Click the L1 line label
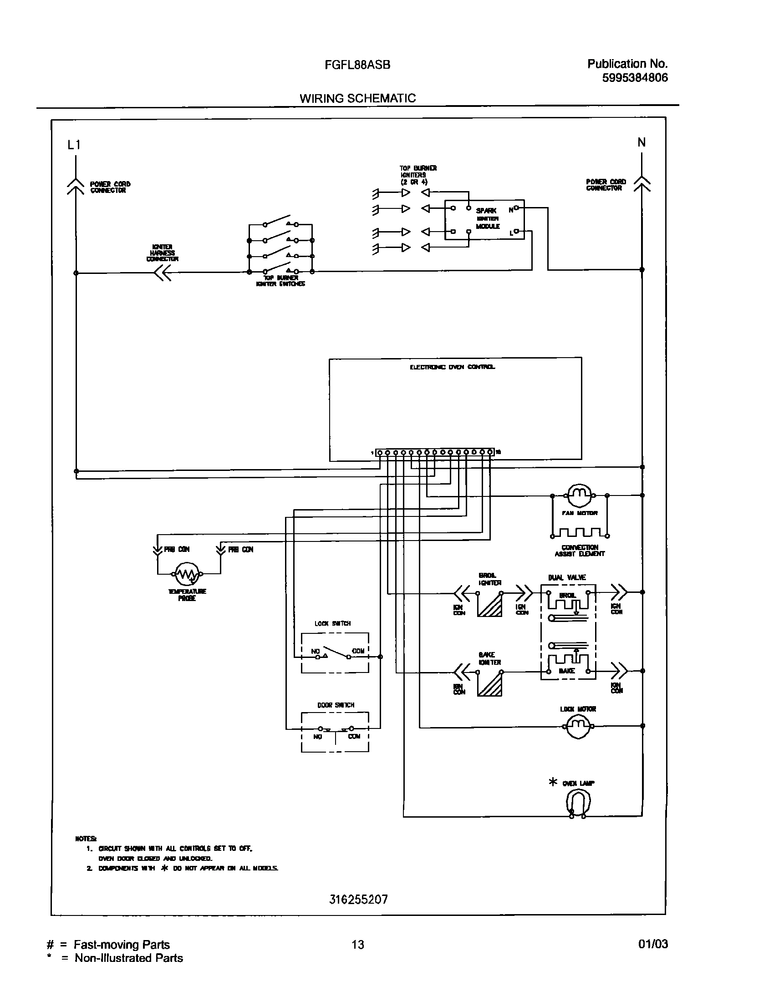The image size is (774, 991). pos(74,145)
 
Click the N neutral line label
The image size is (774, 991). pos(642,142)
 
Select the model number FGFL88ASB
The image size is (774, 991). pos(357,65)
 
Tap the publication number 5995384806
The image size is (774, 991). pos(635,78)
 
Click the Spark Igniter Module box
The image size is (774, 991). pos(484,219)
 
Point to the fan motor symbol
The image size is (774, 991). pos(579,495)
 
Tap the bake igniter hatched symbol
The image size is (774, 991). pos(490,684)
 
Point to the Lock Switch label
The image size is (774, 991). pos(332,623)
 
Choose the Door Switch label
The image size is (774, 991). pos(336,705)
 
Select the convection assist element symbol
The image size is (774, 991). pos(579,532)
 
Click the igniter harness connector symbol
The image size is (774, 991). pos(161,273)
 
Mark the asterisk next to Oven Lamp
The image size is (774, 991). pos(553,783)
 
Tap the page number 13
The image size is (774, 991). pos(358,945)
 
